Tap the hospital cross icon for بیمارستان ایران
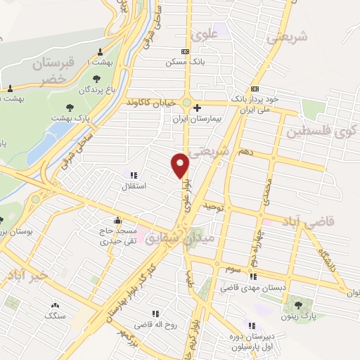click(x=197, y=108)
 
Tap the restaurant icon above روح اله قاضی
click(x=157, y=314)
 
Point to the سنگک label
click(x=54, y=317)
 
